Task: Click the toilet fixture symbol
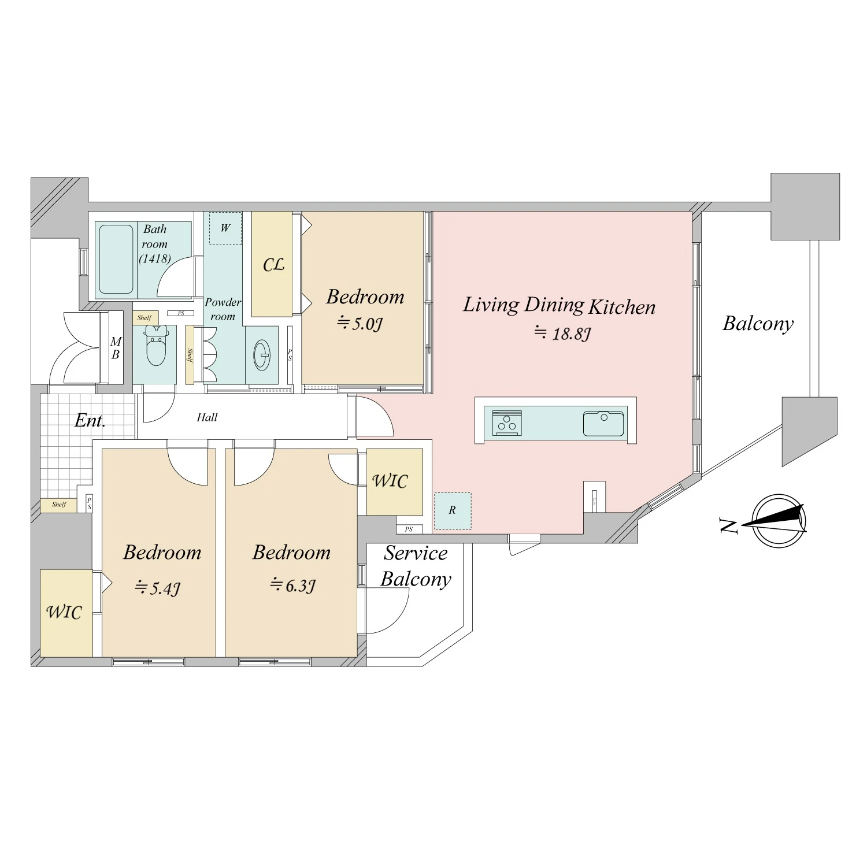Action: pyautogui.click(x=156, y=345)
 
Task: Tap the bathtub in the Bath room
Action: pyautogui.click(x=116, y=259)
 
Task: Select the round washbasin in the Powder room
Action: pyautogui.click(x=262, y=355)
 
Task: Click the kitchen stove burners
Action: pyautogui.click(x=507, y=423)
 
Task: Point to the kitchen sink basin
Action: pyautogui.click(x=603, y=423)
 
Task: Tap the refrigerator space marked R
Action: pyautogui.click(x=453, y=511)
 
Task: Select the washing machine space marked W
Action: pyautogui.click(x=225, y=228)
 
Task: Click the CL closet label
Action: pyautogui.click(x=273, y=265)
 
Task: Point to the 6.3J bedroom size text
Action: pyautogui.click(x=292, y=586)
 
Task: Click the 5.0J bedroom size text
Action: pyautogui.click(x=360, y=323)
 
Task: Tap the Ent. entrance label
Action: pyautogui.click(x=90, y=420)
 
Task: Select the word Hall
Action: pyautogui.click(x=207, y=417)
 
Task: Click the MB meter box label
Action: pyautogui.click(x=116, y=349)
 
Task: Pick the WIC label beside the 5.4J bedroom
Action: pyautogui.click(x=64, y=612)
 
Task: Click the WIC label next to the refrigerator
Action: pyautogui.click(x=390, y=481)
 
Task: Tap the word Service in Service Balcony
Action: pyautogui.click(x=416, y=553)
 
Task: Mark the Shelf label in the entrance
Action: pyautogui.click(x=59, y=505)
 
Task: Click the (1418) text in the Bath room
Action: pyautogui.click(x=155, y=259)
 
